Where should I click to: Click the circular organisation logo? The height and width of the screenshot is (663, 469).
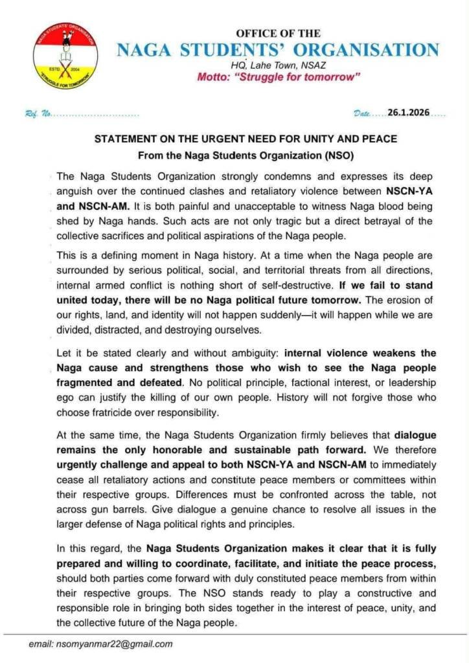tap(65, 56)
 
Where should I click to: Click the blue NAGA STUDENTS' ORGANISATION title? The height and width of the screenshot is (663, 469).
tap(278, 50)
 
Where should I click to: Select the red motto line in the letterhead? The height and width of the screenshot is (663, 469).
tap(279, 78)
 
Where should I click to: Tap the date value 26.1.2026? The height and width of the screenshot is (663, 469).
tap(408, 113)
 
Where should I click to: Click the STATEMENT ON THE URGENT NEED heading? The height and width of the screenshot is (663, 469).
tap(246, 139)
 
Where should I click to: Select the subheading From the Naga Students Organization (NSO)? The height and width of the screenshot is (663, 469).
tap(246, 155)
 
